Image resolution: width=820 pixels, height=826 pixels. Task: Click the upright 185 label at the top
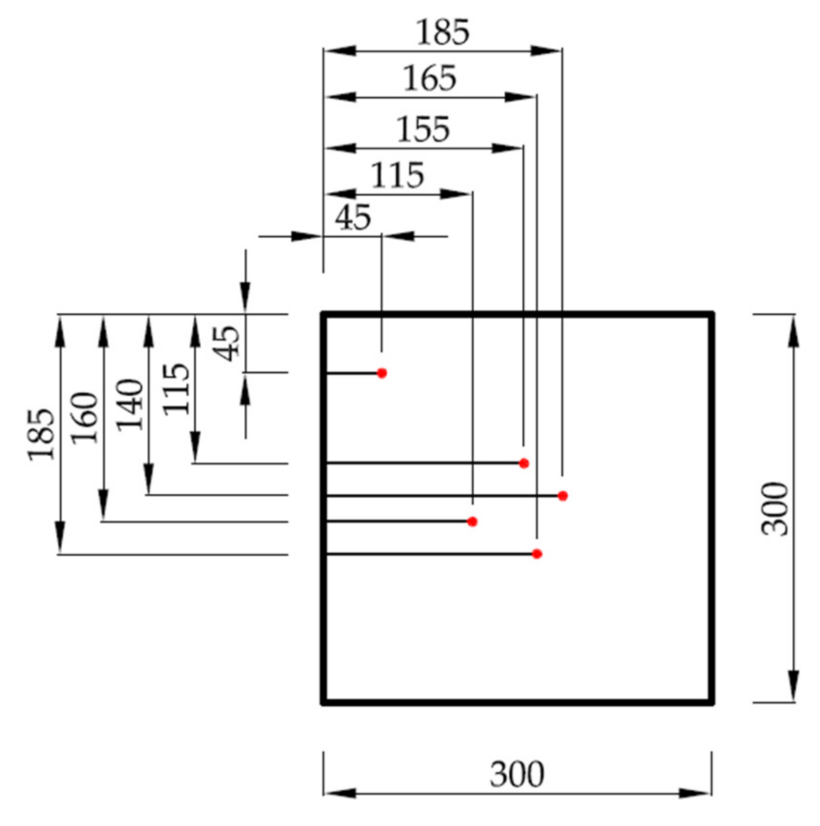(442, 32)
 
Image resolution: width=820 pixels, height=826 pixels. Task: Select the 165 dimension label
(429, 78)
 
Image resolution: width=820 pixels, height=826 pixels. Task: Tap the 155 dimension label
(423, 129)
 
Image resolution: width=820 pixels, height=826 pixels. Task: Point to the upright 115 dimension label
(397, 176)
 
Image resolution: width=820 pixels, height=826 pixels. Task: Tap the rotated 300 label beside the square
(776, 508)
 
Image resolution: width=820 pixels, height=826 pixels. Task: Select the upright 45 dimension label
(353, 218)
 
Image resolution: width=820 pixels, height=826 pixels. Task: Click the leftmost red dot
(381, 373)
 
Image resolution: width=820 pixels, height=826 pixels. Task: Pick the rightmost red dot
(562, 496)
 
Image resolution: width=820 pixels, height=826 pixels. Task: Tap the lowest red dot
(537, 554)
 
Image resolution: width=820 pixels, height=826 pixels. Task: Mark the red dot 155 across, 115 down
(524, 463)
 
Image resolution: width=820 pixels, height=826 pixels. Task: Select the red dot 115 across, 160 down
(472, 521)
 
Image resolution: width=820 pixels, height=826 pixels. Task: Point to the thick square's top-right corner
(712, 313)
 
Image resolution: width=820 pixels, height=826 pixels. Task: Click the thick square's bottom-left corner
(323, 702)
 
